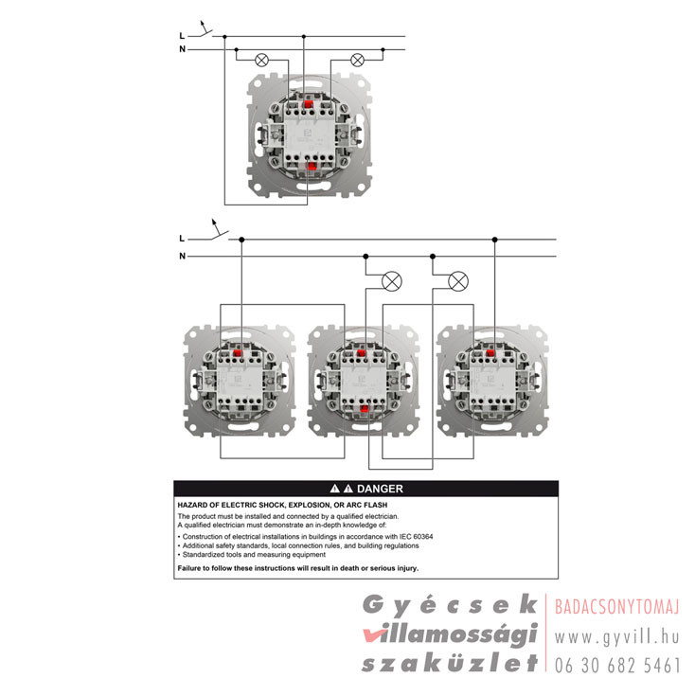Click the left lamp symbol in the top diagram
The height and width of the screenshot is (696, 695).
[262, 60]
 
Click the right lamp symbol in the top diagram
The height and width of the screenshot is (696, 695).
[357, 60]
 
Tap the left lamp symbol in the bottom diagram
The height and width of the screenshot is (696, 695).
[392, 281]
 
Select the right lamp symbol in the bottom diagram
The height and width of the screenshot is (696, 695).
[458, 281]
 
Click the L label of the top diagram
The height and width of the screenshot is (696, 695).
[182, 36]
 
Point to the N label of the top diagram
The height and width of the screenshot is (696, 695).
[182, 49]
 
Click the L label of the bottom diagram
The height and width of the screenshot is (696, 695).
[182, 239]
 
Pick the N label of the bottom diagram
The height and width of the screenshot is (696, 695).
[182, 256]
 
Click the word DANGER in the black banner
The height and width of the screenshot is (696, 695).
[380, 489]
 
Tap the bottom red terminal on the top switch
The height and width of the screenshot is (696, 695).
[312, 166]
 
